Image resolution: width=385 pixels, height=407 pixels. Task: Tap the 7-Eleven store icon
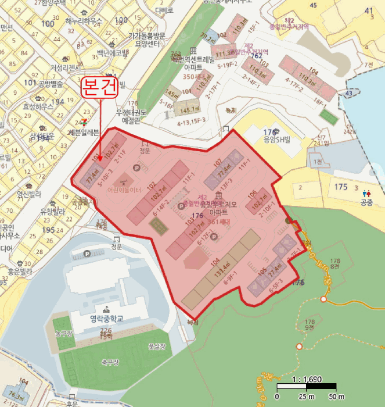pyautogui.click(x=85, y=122)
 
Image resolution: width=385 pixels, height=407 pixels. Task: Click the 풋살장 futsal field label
pyautogui.click(x=156, y=347)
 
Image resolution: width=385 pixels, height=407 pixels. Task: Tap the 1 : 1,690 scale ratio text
pyautogui.click(x=307, y=379)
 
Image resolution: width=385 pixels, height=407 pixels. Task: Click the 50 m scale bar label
pyautogui.click(x=329, y=397)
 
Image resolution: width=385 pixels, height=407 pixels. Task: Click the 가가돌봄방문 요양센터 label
pyautogui.click(x=146, y=40)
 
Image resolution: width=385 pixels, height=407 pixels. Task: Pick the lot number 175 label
pyautogui.click(x=341, y=187)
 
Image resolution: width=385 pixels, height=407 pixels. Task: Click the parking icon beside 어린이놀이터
pyautogui.click(x=137, y=167)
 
